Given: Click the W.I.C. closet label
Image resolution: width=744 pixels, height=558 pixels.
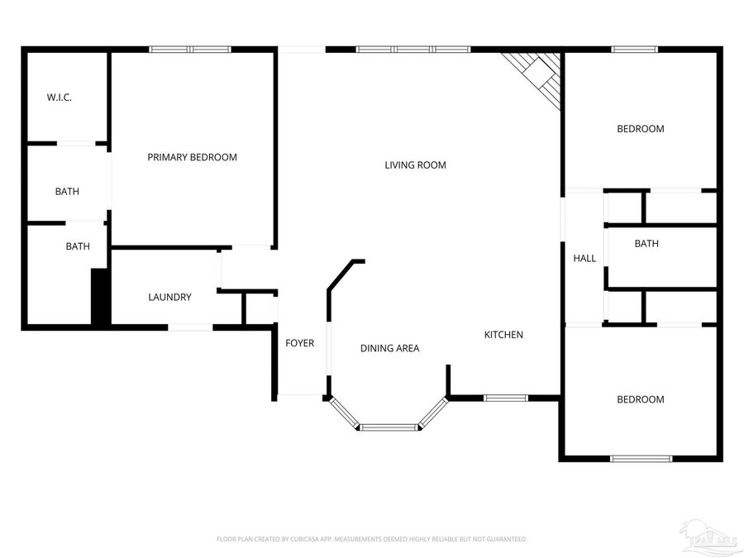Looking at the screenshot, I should click(x=59, y=98).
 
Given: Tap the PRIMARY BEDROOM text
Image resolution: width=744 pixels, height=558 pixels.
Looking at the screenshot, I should click(x=192, y=157).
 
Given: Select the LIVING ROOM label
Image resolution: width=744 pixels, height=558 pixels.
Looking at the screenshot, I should click(x=415, y=165).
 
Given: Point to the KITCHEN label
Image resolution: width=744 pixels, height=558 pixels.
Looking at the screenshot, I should click(x=503, y=335).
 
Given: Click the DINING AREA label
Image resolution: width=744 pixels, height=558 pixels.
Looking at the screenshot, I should click(x=389, y=348).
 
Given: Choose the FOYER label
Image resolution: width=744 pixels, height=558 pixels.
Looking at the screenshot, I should click(x=299, y=343).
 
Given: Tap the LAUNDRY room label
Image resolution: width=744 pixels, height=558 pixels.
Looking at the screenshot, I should click(x=169, y=298).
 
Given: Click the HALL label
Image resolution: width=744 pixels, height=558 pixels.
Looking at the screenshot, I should click(x=584, y=259).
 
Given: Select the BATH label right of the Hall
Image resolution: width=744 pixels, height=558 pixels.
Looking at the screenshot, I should click(x=646, y=244).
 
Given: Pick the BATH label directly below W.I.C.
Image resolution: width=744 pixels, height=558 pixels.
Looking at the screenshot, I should click(x=67, y=192).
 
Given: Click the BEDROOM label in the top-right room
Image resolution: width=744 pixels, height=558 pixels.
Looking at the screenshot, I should click(x=641, y=129).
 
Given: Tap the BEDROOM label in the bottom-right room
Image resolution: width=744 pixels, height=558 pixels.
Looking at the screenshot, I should click(x=641, y=400).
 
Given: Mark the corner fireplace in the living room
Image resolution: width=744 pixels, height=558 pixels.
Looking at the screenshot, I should click(x=538, y=74).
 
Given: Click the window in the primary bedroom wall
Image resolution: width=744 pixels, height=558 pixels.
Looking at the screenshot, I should click(x=189, y=50).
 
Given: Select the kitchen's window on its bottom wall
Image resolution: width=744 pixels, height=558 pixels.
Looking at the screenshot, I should click(x=505, y=398).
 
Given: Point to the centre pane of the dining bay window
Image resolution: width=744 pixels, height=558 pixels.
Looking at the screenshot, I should click(x=389, y=427).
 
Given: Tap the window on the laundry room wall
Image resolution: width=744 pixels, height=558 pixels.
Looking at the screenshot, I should click(x=190, y=328).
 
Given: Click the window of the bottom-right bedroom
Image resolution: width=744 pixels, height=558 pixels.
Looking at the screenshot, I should click(x=641, y=458).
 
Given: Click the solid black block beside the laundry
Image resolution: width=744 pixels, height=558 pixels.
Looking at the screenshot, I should click(x=100, y=297).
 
